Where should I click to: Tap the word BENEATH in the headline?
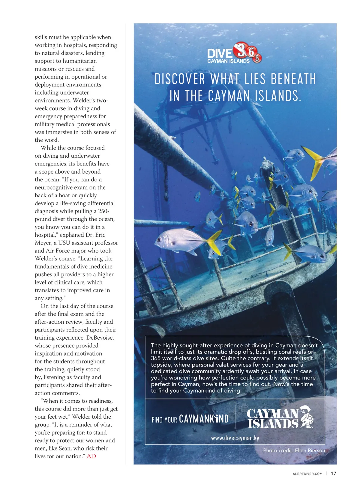click(x=293, y=79)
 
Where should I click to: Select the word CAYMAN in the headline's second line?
click(x=229, y=96)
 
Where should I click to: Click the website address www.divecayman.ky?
click(x=235, y=438)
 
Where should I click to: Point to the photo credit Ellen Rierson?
click(x=294, y=450)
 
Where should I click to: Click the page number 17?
click(x=333, y=474)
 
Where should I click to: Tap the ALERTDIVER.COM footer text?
click(x=307, y=474)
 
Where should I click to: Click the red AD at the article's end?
click(x=91, y=456)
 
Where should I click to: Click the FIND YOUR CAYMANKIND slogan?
click(x=190, y=419)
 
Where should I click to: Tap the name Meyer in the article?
click(x=43, y=243)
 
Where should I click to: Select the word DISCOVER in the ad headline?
click(x=180, y=79)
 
